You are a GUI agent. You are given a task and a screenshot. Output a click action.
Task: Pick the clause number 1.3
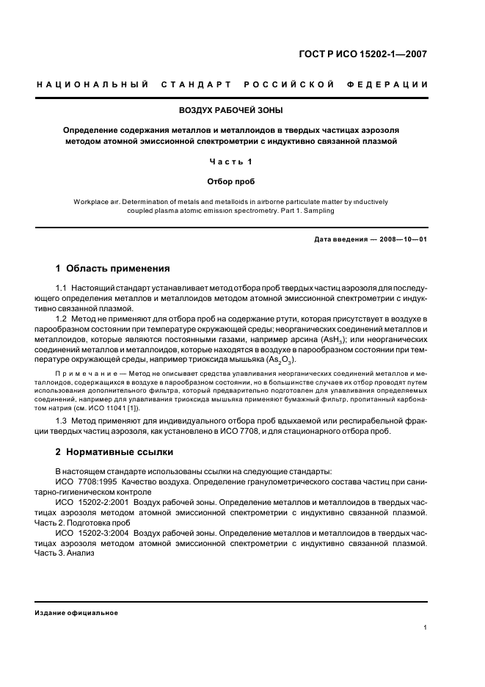point(62,420)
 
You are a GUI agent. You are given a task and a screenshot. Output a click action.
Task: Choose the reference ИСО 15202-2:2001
point(91,501)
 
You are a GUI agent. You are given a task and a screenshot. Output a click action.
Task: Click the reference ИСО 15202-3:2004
point(91,532)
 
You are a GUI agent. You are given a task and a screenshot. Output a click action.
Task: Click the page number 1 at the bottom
point(426,628)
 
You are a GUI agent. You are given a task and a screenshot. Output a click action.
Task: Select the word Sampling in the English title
point(317,211)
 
